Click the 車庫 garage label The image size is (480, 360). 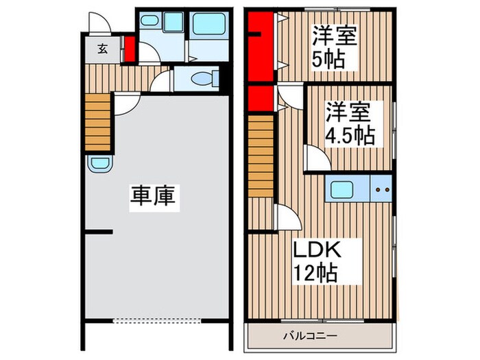(x=154, y=197)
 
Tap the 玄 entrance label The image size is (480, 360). (x=101, y=49)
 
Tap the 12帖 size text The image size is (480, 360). (x=315, y=274)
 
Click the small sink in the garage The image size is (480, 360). (x=99, y=165)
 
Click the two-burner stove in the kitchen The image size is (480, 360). (x=381, y=189)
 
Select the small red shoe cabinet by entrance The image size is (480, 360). (x=129, y=49)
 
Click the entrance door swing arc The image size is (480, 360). (x=101, y=23)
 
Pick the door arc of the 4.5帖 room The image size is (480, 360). (x=315, y=160)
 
